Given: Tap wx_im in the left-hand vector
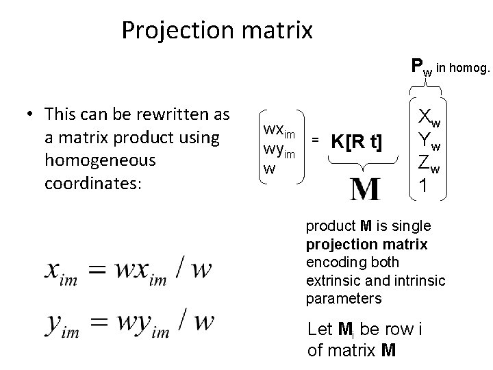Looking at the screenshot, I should point(279,130).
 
